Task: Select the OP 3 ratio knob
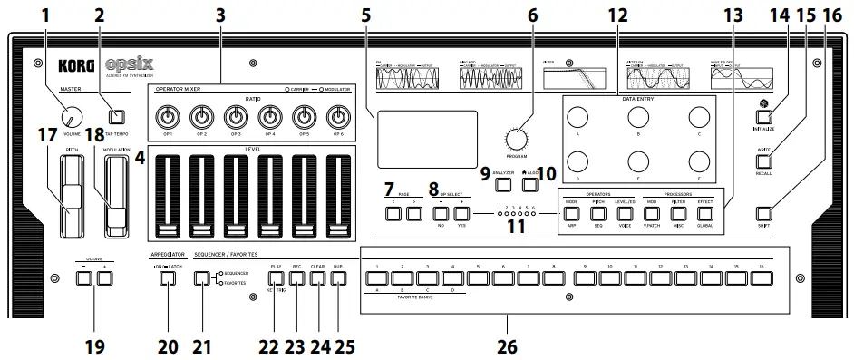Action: click(235, 116)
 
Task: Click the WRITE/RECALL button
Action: click(764, 161)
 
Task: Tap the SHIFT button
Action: click(764, 214)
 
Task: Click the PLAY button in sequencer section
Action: click(277, 278)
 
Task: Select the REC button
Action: click(297, 278)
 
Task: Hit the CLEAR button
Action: click(317, 278)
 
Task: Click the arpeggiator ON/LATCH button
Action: click(167, 278)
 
